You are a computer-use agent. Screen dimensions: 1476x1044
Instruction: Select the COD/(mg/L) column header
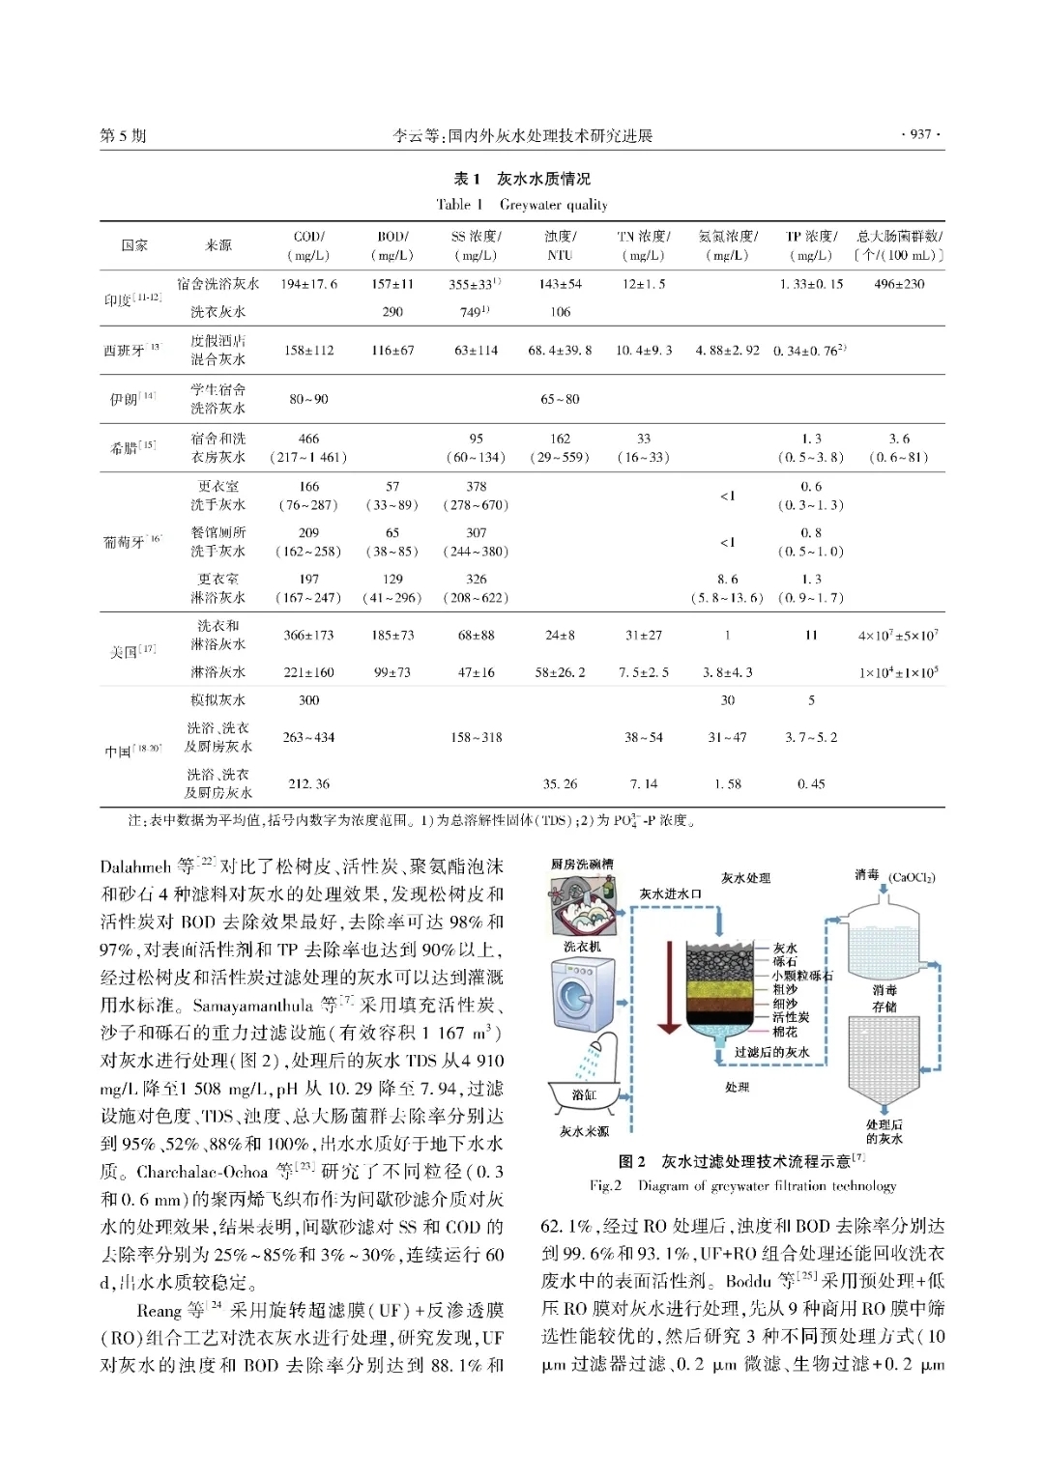click(x=308, y=245)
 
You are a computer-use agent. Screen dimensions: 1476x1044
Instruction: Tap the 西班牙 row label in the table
click(x=126, y=350)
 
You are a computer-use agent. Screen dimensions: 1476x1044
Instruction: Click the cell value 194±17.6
click(x=308, y=284)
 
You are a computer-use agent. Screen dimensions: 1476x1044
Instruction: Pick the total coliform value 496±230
click(x=899, y=284)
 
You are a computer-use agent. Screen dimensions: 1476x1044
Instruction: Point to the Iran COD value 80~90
click(x=308, y=399)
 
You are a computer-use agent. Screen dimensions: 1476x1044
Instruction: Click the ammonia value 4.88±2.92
click(x=727, y=350)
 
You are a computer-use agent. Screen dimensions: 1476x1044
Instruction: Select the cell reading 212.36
click(x=308, y=784)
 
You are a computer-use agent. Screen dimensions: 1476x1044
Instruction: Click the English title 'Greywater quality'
click(x=553, y=205)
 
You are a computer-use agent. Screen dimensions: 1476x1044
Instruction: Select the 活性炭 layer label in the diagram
click(x=791, y=1017)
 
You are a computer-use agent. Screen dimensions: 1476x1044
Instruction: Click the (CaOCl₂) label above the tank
click(x=911, y=877)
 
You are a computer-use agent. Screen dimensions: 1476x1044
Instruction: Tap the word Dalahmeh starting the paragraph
click(x=135, y=866)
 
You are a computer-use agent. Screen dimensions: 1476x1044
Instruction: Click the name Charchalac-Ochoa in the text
click(x=202, y=1172)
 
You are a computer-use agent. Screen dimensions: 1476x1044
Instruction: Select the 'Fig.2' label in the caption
click(x=606, y=1185)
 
